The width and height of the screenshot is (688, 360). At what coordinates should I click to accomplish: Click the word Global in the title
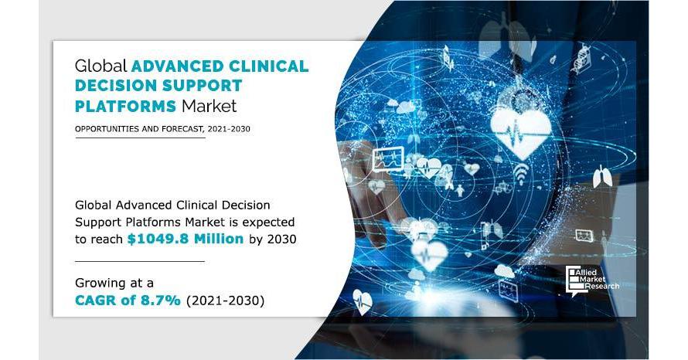tap(101, 66)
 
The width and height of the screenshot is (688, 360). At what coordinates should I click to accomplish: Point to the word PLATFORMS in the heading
tap(125, 106)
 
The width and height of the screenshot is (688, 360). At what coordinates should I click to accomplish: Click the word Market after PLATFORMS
tap(209, 106)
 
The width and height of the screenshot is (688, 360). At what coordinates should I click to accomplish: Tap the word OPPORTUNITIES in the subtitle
tap(102, 129)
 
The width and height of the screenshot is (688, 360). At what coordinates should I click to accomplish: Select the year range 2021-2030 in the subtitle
tap(229, 129)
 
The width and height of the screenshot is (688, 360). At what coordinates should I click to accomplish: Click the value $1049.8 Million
tap(186, 239)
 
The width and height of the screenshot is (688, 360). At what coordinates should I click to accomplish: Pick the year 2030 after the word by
tap(281, 239)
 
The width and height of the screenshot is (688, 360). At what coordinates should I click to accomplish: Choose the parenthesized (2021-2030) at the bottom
tap(226, 301)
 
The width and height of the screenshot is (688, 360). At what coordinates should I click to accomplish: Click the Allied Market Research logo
tap(592, 280)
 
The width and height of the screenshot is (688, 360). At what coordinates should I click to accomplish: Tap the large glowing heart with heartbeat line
tap(521, 131)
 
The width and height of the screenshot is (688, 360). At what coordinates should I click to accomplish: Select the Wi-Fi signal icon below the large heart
tap(521, 173)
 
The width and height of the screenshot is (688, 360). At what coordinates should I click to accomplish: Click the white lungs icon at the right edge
tap(602, 177)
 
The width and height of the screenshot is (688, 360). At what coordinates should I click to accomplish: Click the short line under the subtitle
tap(140, 138)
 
